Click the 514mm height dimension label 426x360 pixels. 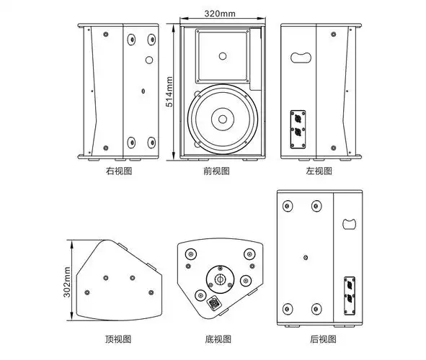[169, 91]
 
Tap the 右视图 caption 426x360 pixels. [120, 171]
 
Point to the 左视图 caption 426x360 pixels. [319, 171]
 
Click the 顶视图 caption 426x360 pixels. [120, 338]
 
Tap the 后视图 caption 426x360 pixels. [319, 338]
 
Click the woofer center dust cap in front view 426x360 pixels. [222, 120]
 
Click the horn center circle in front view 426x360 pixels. [223, 55]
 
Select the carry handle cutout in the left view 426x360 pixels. [299, 57]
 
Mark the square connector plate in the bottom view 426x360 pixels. [214, 304]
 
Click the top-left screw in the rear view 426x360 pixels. [288, 206]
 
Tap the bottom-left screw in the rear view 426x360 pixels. [288, 307]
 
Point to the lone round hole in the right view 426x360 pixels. [148, 60]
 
